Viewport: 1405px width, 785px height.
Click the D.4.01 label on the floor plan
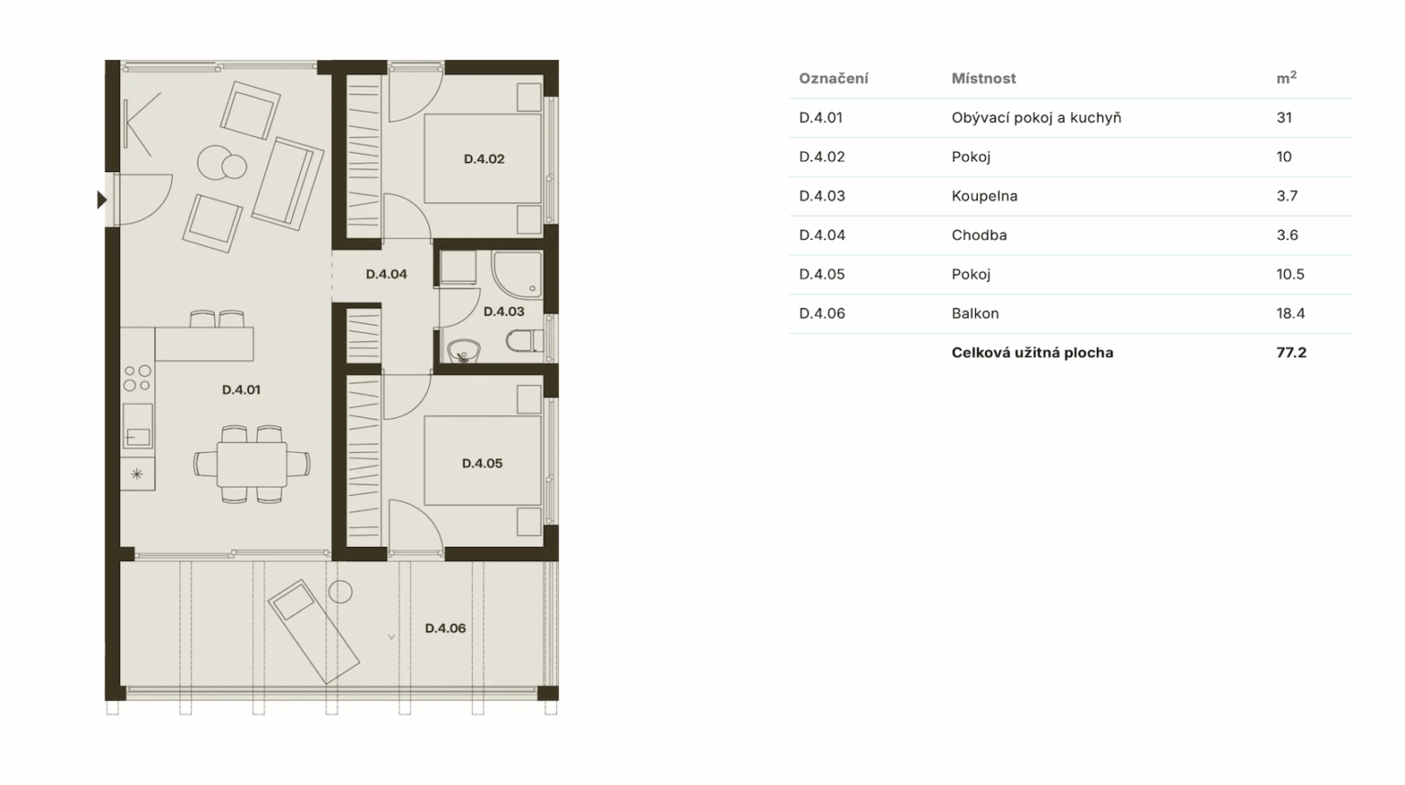tap(241, 390)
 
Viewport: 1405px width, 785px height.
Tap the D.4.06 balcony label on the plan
tap(445, 629)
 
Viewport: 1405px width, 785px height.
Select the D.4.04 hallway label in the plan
tap(386, 274)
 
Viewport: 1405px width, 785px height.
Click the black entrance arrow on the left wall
tap(102, 200)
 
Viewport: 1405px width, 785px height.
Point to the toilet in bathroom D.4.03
tap(524, 341)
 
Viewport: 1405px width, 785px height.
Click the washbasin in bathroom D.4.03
tap(464, 350)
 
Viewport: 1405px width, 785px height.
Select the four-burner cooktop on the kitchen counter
tap(137, 378)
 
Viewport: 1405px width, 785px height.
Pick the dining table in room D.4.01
tap(252, 465)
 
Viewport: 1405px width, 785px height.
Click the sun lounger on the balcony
tap(314, 631)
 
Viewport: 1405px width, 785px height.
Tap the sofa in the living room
tap(288, 184)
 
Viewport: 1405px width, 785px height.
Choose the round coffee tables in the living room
tap(222, 164)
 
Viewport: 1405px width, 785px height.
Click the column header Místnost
tap(983, 79)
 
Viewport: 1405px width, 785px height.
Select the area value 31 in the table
tap(1284, 117)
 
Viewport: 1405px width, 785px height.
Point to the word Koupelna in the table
tap(984, 196)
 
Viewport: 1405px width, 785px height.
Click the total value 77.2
tap(1292, 352)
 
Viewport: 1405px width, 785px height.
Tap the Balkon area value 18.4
tap(1291, 313)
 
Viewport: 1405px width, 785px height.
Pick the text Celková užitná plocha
tap(1033, 352)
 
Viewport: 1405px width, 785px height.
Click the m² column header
tap(1286, 78)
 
